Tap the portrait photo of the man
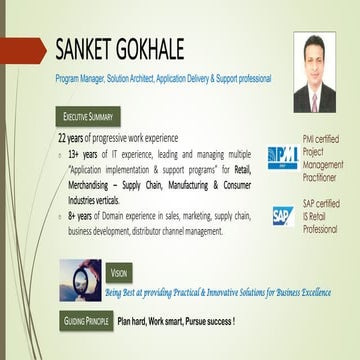[314, 72]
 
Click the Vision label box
[119, 273]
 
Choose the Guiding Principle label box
[85, 322]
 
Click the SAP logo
[282, 214]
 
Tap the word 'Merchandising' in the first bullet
[93, 185]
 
